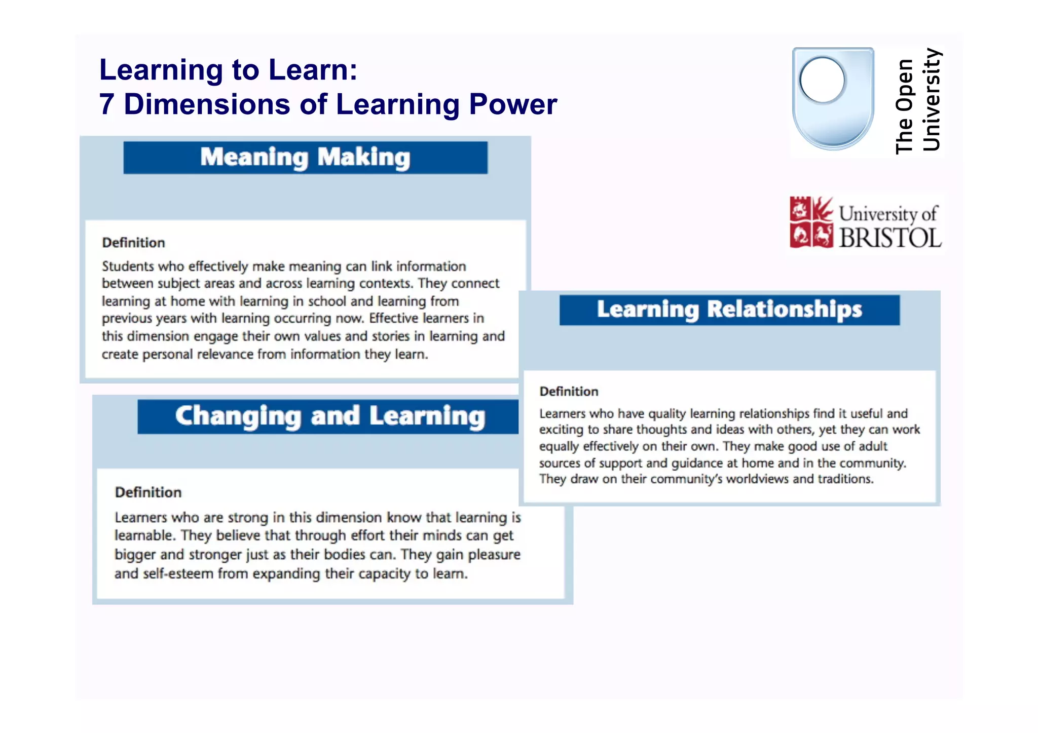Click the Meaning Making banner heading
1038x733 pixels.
(305, 158)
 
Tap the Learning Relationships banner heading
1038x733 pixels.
(729, 310)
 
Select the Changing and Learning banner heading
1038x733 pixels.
(330, 416)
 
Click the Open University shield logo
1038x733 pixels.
(833, 99)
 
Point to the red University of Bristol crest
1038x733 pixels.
(811, 222)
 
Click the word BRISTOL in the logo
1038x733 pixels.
(890, 238)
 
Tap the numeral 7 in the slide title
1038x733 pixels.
(106, 104)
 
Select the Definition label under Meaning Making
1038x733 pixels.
(133, 243)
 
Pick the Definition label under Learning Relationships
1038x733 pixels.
(569, 392)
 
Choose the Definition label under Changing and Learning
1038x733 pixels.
(148, 492)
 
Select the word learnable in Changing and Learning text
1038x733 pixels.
(143, 535)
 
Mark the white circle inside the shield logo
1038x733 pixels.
(822, 80)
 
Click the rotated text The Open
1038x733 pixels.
(904, 106)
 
